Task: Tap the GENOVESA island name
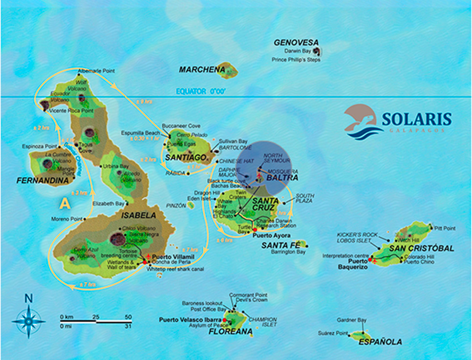pos(296,42)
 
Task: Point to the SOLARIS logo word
pos(417,119)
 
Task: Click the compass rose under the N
pos(29,321)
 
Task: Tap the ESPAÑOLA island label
pos(380,342)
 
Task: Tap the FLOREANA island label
pos(231,332)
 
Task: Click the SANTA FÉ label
pos(277,245)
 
